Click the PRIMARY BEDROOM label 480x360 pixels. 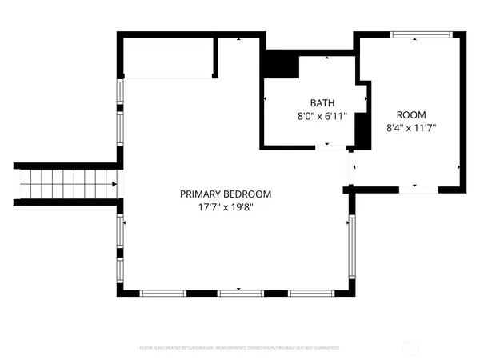[225, 194]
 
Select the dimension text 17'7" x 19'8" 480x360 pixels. [225, 206]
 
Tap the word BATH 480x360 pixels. [322, 103]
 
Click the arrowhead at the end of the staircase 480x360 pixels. [114, 185]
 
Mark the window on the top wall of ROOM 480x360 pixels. [422, 34]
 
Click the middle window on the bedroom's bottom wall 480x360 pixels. [240, 293]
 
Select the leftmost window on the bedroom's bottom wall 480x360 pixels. [163, 293]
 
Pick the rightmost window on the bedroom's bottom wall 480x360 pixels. [311, 293]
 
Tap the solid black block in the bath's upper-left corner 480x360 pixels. [280, 65]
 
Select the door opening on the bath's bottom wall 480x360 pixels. [327, 147]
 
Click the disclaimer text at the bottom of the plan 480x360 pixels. [240, 348]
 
